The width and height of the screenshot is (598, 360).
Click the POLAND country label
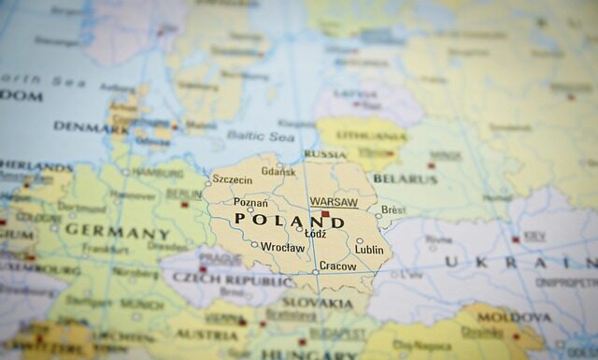point(290,221)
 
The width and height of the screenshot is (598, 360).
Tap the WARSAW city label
point(334,202)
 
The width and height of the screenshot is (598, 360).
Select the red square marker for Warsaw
point(325,214)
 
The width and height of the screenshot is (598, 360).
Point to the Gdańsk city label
point(278,171)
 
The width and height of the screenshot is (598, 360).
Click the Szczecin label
point(232,180)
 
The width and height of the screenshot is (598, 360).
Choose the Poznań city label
point(250,203)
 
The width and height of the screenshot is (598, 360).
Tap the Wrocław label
point(283,248)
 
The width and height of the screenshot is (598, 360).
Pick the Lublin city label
point(369,250)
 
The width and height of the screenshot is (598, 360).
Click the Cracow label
point(337,266)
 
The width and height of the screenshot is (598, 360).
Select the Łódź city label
point(316,234)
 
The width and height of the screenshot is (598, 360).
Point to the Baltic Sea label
point(261,137)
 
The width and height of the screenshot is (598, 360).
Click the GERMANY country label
point(118,232)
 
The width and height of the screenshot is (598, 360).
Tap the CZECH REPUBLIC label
point(231,281)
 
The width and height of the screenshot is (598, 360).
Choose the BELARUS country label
point(405,179)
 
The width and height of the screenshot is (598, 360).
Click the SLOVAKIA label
point(318,303)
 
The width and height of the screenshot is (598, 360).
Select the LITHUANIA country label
point(361,136)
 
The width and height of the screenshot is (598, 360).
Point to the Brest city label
point(393,210)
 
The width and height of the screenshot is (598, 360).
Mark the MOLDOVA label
point(515,318)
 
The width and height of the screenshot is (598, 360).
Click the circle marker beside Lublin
point(360,240)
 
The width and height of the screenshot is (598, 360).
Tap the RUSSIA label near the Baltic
point(325,154)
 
